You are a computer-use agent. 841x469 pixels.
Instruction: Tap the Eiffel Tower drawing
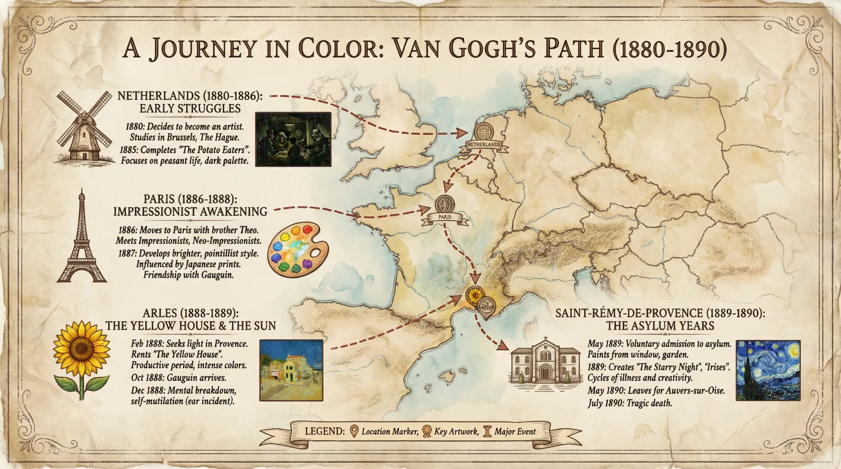(x=81, y=239)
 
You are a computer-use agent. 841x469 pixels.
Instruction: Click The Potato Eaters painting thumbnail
(x=293, y=139)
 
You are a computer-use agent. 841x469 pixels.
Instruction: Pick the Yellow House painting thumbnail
(x=291, y=370)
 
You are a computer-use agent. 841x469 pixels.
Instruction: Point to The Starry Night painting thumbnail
(x=768, y=370)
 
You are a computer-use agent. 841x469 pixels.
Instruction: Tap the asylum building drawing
(x=545, y=362)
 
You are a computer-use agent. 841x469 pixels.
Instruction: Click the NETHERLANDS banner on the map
(x=484, y=145)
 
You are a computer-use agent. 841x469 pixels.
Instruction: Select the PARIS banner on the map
(x=445, y=217)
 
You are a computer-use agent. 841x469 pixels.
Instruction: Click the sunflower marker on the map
(x=474, y=296)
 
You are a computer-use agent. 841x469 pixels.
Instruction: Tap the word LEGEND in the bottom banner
(x=325, y=431)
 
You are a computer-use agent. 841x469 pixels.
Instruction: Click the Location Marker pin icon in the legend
(x=354, y=431)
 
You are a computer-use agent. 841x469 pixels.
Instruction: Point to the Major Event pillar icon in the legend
(x=487, y=431)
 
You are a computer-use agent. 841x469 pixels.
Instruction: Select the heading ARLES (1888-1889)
(x=191, y=313)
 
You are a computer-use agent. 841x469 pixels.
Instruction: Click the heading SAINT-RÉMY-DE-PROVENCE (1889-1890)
(x=660, y=313)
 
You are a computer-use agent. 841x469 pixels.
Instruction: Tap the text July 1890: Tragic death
(x=629, y=403)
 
